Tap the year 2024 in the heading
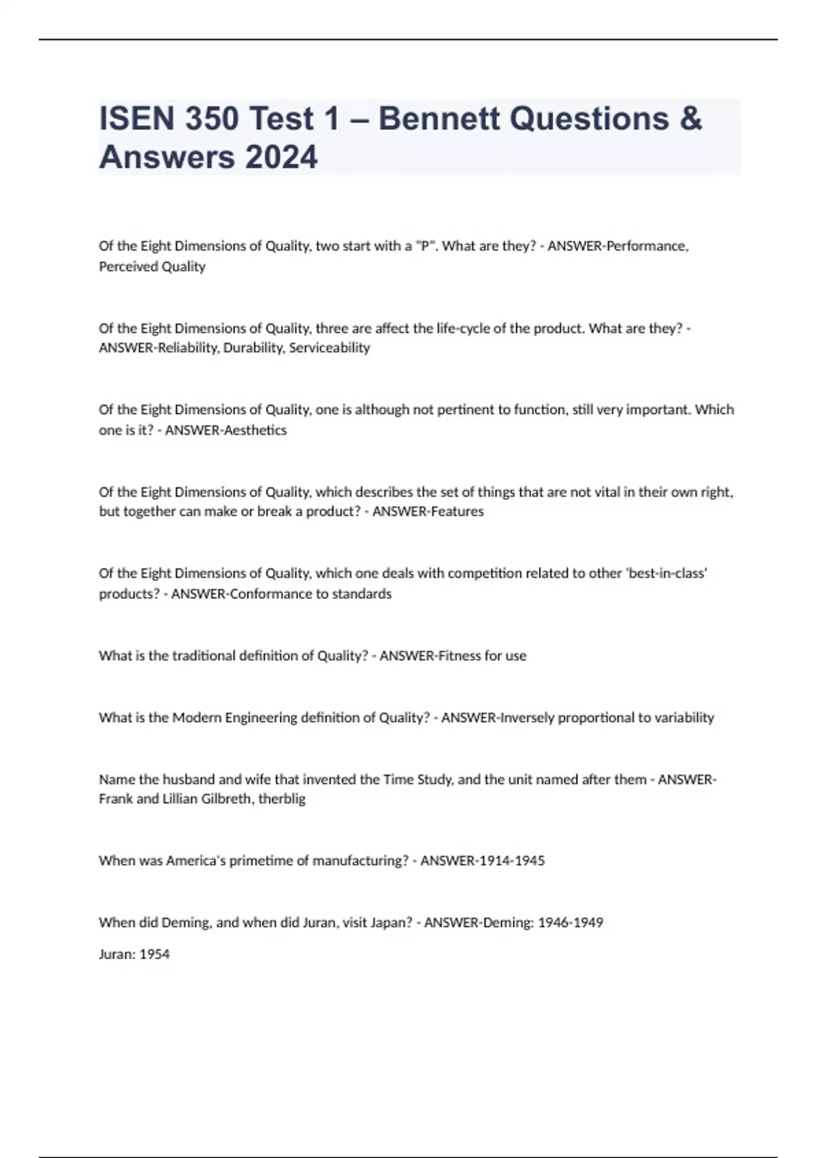coord(281,157)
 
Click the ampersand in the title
coord(690,119)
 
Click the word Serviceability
coord(330,348)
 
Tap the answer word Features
coord(457,512)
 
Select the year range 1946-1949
coord(571,922)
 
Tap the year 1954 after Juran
coord(155,954)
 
